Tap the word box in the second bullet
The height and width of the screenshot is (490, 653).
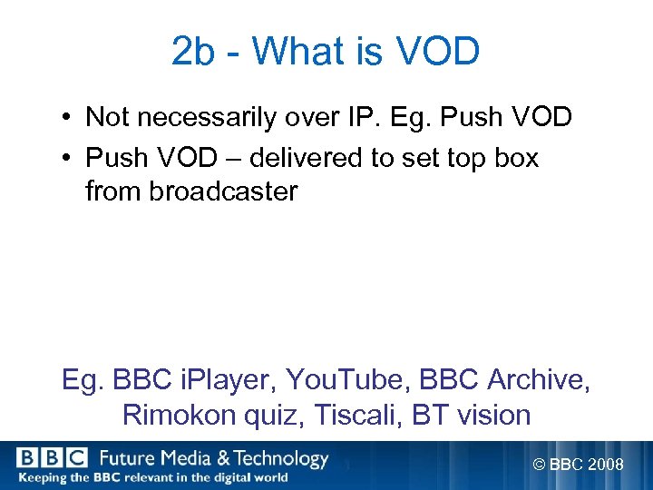tap(512, 158)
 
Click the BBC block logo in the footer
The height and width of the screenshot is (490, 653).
tap(51, 458)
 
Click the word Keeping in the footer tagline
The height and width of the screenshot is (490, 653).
tap(41, 477)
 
